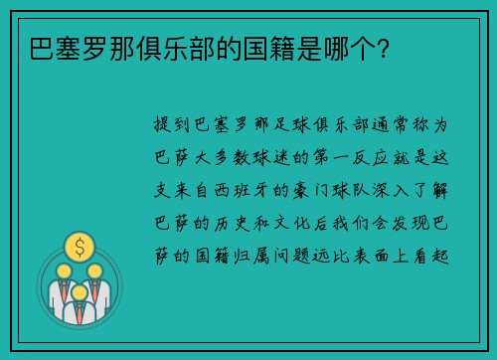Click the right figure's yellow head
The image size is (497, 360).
click(94, 270)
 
